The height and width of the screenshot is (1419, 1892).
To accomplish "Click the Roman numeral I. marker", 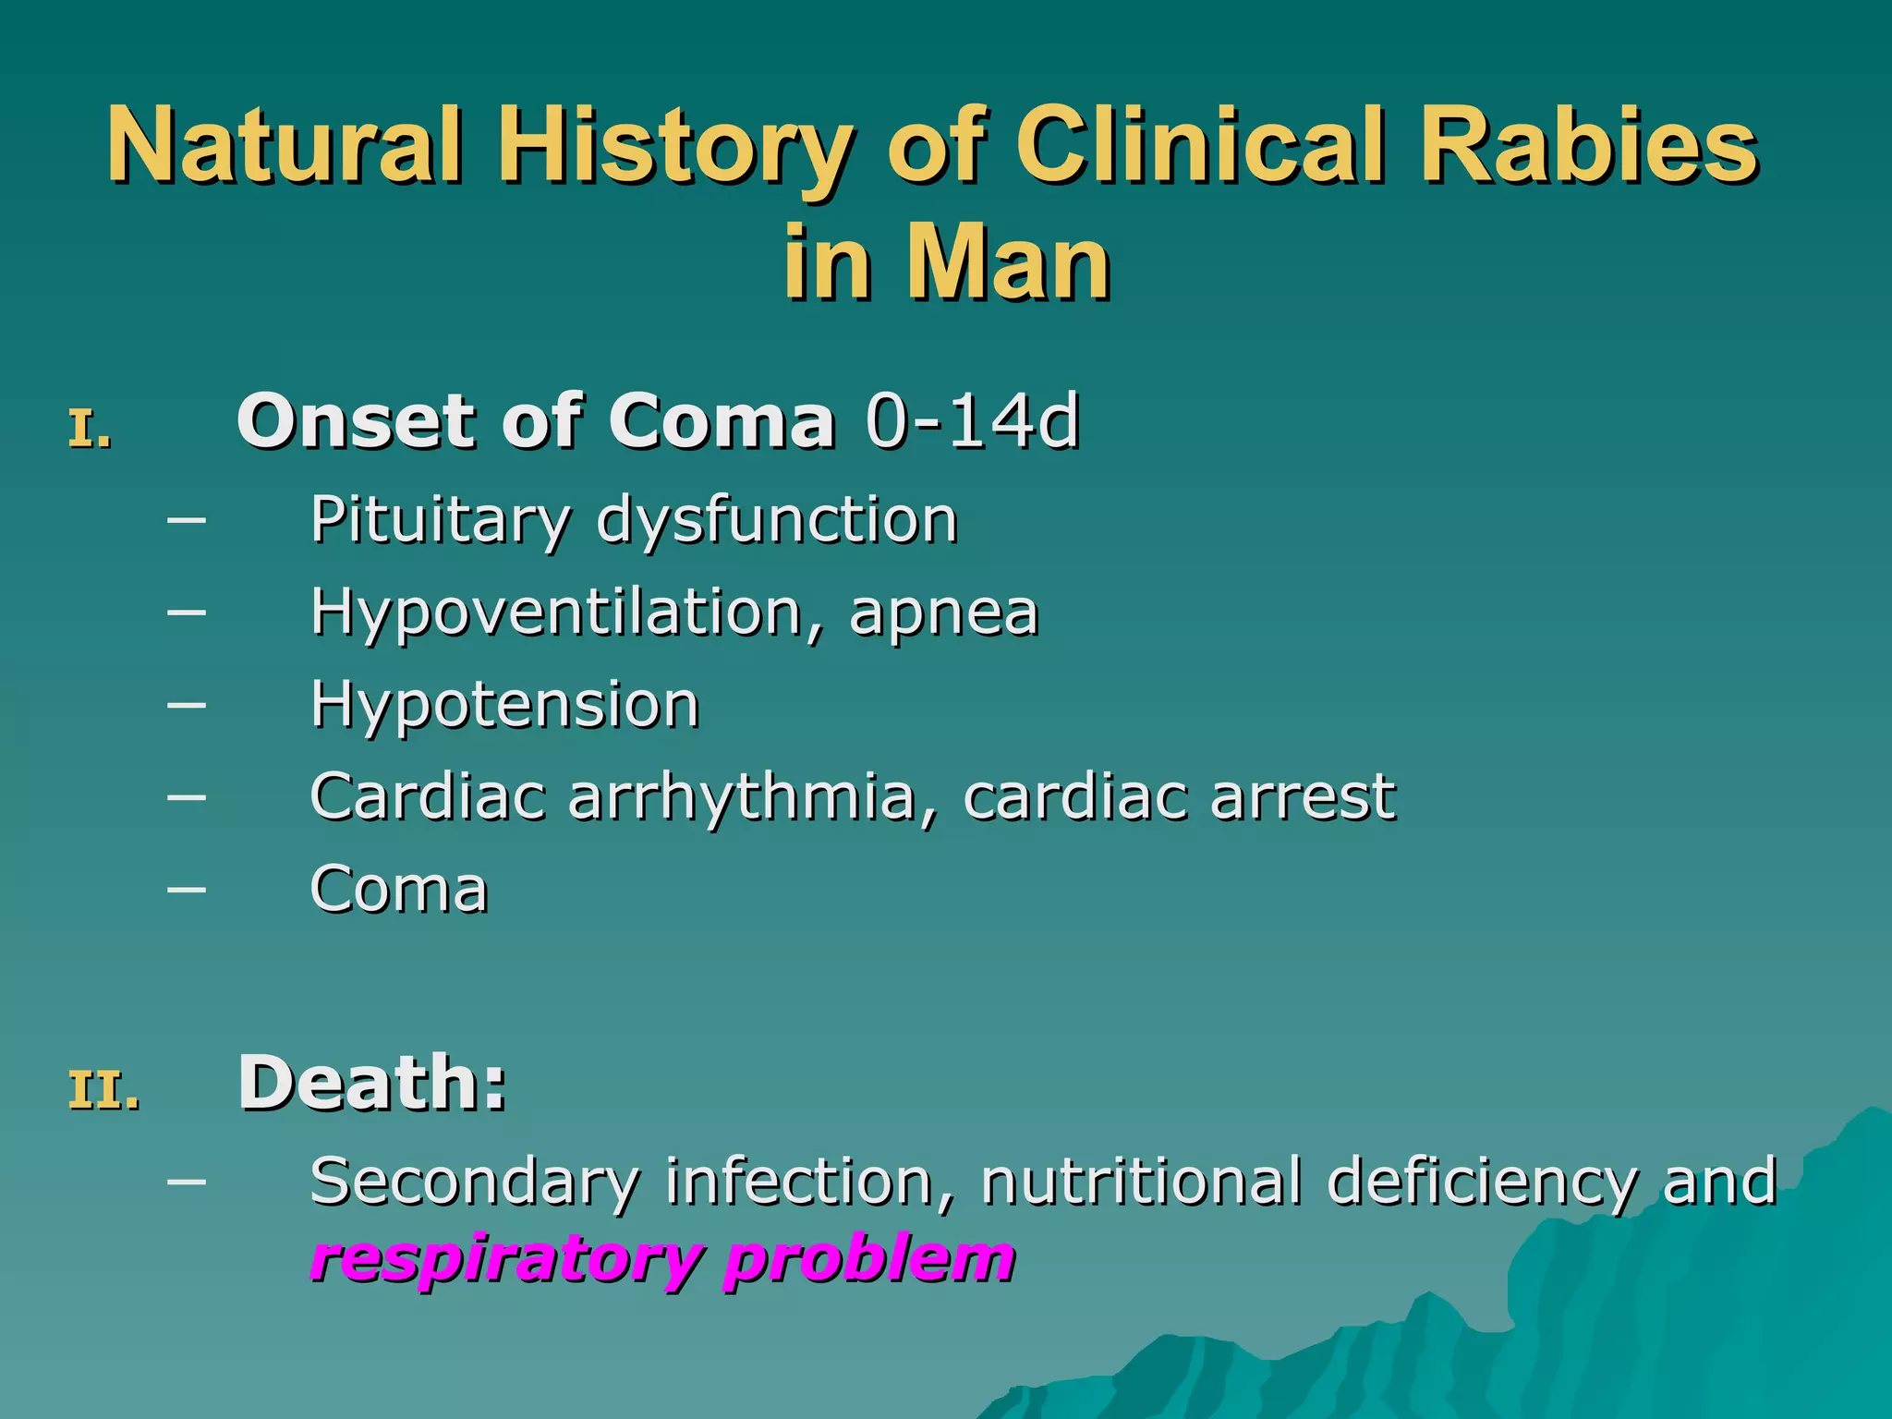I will coord(91,431).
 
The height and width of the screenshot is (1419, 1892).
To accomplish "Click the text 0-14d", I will coord(972,422).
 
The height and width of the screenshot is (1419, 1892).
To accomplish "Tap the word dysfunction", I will coord(777,520).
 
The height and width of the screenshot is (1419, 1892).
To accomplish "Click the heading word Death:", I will coord(372,1083).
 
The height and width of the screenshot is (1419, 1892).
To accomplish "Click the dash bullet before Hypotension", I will coord(187,705).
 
